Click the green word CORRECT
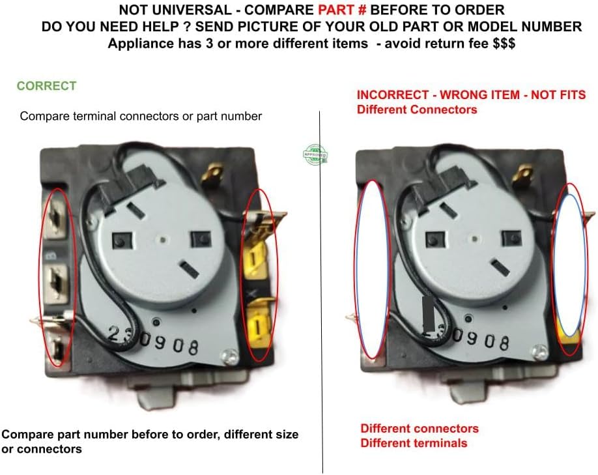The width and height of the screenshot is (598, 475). click(46, 86)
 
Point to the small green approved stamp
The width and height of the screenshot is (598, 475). click(315, 154)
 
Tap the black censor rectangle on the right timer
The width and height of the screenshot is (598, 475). click(429, 313)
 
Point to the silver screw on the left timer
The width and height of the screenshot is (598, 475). click(228, 355)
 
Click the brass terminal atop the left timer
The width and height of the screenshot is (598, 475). click(212, 174)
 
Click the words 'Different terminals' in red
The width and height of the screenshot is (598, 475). click(414, 443)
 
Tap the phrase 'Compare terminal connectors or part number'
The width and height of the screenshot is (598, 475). click(141, 117)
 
